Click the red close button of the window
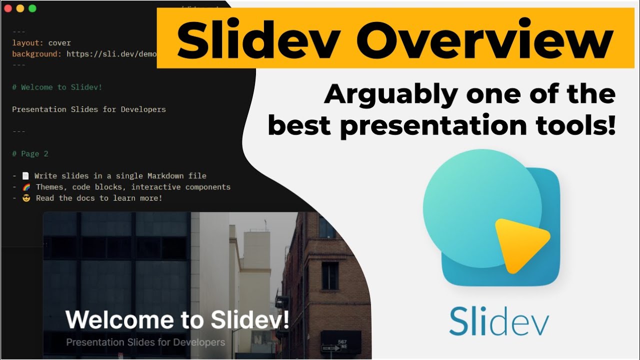[8, 8]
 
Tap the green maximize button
[32, 8]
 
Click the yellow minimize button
[20, 8]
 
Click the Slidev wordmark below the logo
[498, 321]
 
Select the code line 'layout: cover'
[41, 43]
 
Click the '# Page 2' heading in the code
[30, 154]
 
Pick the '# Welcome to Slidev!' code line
[57, 87]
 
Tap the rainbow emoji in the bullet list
[26, 187]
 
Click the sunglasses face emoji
[26, 198]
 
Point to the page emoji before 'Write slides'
[26, 176]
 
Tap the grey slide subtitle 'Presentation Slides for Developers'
[145, 342]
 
